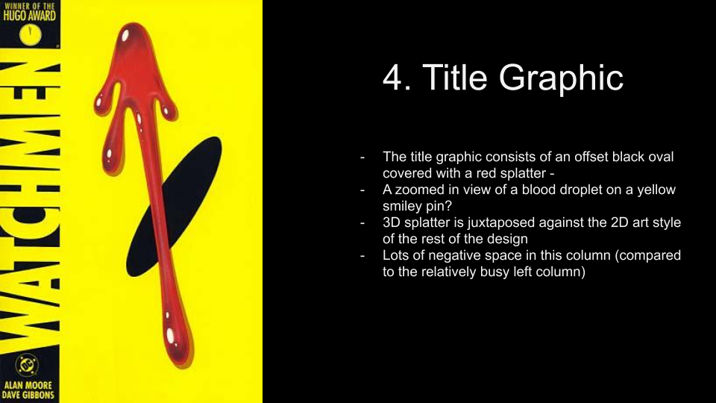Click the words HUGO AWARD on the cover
coord(29,16)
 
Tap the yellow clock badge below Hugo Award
coord(30,35)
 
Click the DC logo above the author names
coord(27,365)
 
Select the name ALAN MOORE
coord(28,385)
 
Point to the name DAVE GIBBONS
coord(28,396)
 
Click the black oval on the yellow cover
coord(174,207)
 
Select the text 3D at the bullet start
coord(392,222)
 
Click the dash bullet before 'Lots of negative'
coord(362,256)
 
